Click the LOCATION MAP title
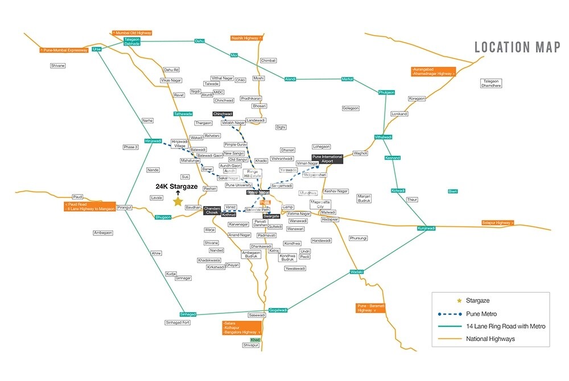tap(517, 47)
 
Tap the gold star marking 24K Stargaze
tap(178, 201)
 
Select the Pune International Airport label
tap(327, 159)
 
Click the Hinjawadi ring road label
tap(153, 140)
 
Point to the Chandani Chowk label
tap(212, 209)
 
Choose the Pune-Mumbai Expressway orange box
tap(64, 50)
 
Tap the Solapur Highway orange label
tap(496, 222)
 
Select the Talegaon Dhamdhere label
tap(492, 84)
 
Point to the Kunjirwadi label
tap(426, 228)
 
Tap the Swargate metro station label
tap(271, 216)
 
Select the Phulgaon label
tap(386, 92)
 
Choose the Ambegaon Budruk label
tap(251, 254)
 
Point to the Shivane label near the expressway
tap(58, 65)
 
